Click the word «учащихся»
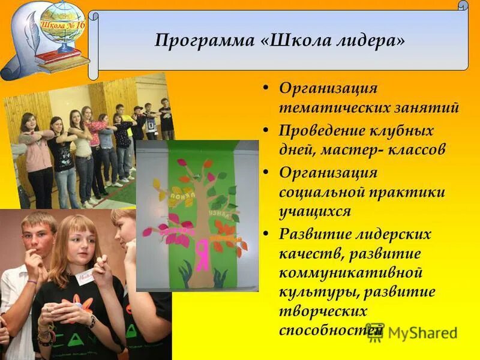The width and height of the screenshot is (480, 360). (315, 212)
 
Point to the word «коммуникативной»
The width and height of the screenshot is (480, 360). (350, 273)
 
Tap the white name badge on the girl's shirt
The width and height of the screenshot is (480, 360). (85, 278)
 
